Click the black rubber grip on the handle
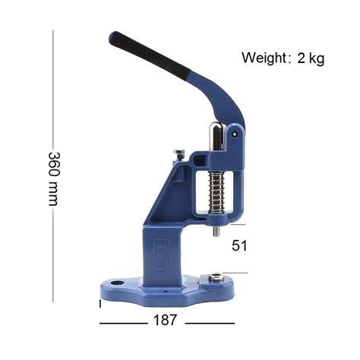(148, 55)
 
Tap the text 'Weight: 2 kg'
(283, 58)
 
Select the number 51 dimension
(240, 245)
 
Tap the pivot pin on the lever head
(235, 135)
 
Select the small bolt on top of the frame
(178, 154)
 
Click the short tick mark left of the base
(100, 303)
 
